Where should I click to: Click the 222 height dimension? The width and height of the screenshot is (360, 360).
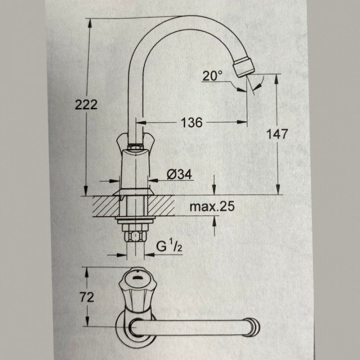[85, 104]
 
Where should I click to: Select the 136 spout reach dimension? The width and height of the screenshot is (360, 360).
[192, 121]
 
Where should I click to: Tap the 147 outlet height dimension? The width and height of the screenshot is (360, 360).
[278, 134]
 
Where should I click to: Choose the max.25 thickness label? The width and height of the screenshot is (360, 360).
[211, 207]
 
